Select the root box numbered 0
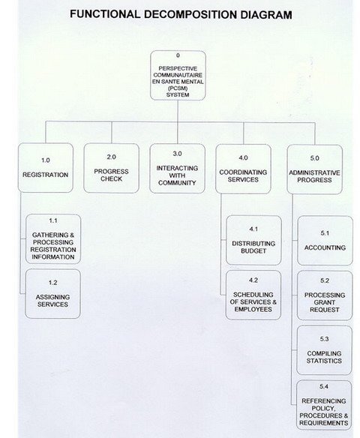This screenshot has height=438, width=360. pos(178,76)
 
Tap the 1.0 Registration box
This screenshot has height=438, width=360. pos(46,167)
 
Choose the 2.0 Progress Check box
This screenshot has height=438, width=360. pos(111,168)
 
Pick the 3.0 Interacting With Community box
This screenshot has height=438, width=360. pos(177,169)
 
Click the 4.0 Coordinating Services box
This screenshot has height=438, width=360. pos(243,169)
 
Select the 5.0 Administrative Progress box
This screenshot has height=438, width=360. pos(314,169)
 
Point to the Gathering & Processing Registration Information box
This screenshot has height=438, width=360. pos(53,238)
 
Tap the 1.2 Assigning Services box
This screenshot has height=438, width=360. pos(52,293)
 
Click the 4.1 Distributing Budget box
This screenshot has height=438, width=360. pos(253,240)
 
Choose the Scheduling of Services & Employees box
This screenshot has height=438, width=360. pos(253,295)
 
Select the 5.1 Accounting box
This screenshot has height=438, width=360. pos(325,241)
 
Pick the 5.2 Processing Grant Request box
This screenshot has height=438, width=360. pos(325,295)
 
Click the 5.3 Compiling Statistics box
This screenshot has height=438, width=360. pos(324,350)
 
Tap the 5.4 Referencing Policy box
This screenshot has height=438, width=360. pos(324,405)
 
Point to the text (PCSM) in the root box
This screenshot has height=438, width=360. pos(178,88)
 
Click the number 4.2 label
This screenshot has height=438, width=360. pos(253,280)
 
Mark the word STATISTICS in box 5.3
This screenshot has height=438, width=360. pos(324,361)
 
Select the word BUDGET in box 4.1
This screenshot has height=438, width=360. pos(253,250)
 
